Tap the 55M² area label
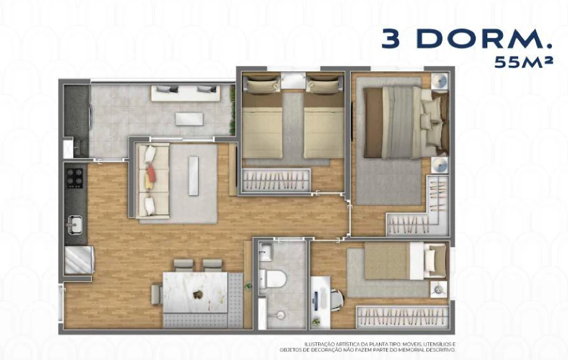(x=524, y=62)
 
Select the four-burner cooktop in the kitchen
(x=74, y=178)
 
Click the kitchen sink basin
(x=74, y=224)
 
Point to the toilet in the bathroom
(x=273, y=278)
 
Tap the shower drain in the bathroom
(x=279, y=315)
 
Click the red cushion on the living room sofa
(x=151, y=174)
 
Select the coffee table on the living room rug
(x=194, y=175)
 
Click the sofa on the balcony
(x=185, y=93)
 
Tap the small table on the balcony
(x=189, y=119)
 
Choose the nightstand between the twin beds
(x=294, y=80)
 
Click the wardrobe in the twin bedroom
(x=276, y=180)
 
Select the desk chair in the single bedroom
(x=336, y=300)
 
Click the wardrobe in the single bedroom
(x=402, y=318)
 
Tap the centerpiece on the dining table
(x=198, y=294)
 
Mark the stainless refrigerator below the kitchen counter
(x=79, y=260)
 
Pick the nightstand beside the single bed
(x=439, y=289)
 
